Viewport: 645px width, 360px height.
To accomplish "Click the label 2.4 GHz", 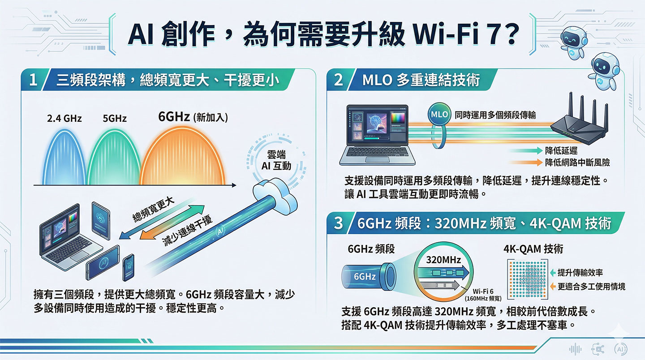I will (63, 119).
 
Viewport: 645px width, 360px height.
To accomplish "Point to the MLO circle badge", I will (439, 115).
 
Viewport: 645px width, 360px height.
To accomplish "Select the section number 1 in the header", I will (32, 81).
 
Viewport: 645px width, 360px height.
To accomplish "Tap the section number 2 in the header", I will (339, 80).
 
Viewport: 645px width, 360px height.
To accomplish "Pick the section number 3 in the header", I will (339, 223).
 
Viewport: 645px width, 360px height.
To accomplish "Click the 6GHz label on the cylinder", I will (365, 276).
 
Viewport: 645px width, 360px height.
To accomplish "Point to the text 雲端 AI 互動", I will (275, 160).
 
